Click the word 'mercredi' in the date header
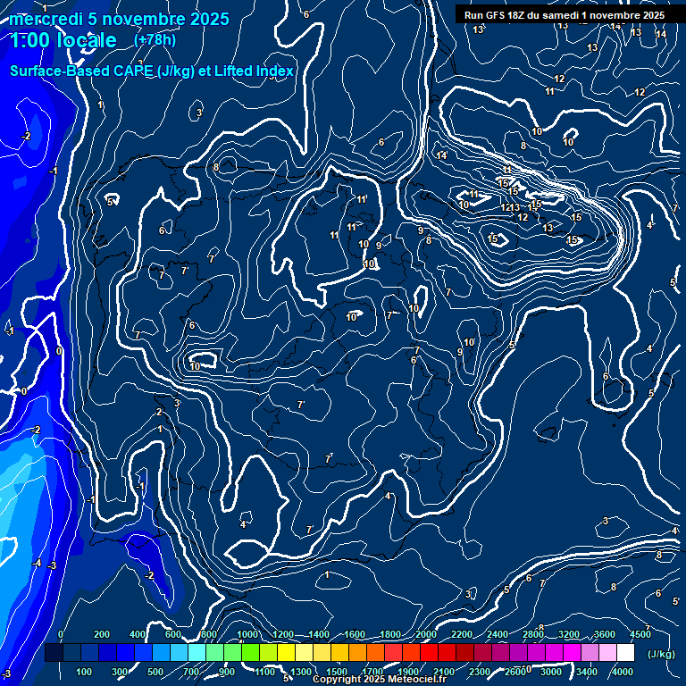pyautogui.click(x=42, y=19)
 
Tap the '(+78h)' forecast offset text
pyautogui.click(x=155, y=40)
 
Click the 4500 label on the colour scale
pyautogui.click(x=640, y=634)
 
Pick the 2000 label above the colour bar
pyautogui.click(x=425, y=634)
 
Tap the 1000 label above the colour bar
pyautogui.click(x=247, y=634)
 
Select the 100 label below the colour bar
pyautogui.click(x=85, y=672)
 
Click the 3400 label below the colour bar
pyautogui.click(x=587, y=672)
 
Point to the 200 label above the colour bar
pyautogui.click(x=102, y=634)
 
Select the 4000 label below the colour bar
pyautogui.click(x=623, y=672)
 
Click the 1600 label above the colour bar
pyautogui.click(x=354, y=634)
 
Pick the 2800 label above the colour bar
pyautogui.click(x=532, y=634)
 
